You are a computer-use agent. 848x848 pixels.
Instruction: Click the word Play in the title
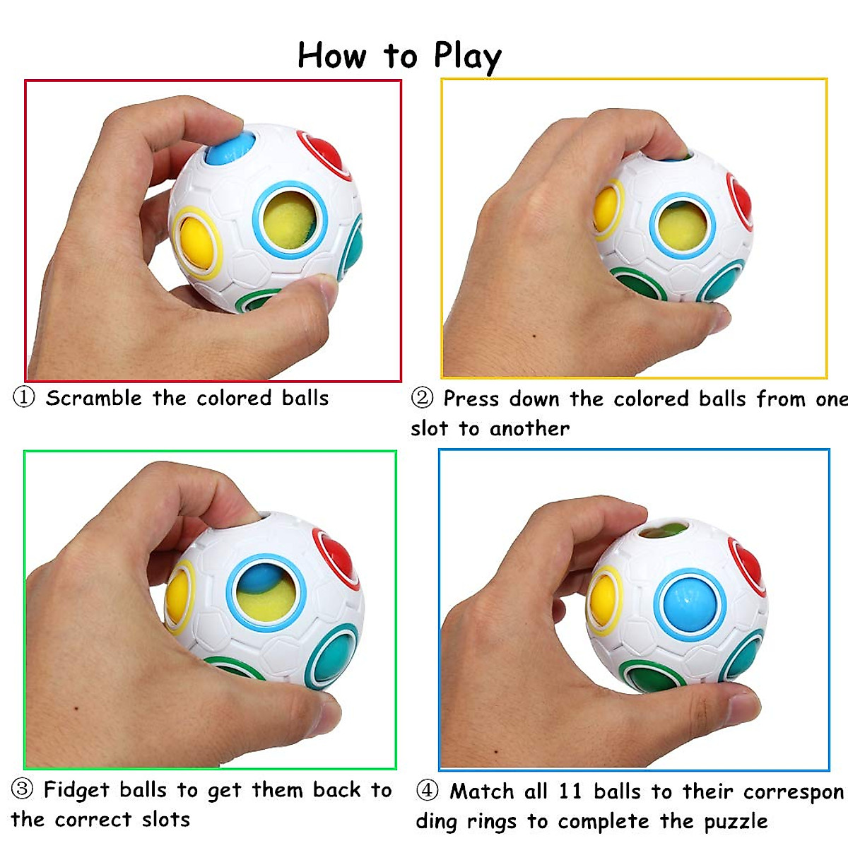point(467,56)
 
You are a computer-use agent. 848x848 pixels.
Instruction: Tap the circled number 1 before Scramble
point(24,397)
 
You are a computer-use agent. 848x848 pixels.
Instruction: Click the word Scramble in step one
point(93,398)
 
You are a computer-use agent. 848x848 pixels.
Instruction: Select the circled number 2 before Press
point(422,398)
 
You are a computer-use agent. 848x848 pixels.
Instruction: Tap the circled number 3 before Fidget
point(23,789)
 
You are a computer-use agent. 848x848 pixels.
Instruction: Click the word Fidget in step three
point(76,789)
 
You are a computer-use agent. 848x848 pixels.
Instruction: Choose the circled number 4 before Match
point(427,790)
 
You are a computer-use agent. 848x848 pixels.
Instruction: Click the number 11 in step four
point(570,791)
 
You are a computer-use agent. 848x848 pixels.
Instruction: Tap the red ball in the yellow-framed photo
point(741,202)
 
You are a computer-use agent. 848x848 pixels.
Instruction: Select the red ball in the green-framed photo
point(338,558)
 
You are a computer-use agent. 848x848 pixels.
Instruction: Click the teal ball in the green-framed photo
point(334,654)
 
